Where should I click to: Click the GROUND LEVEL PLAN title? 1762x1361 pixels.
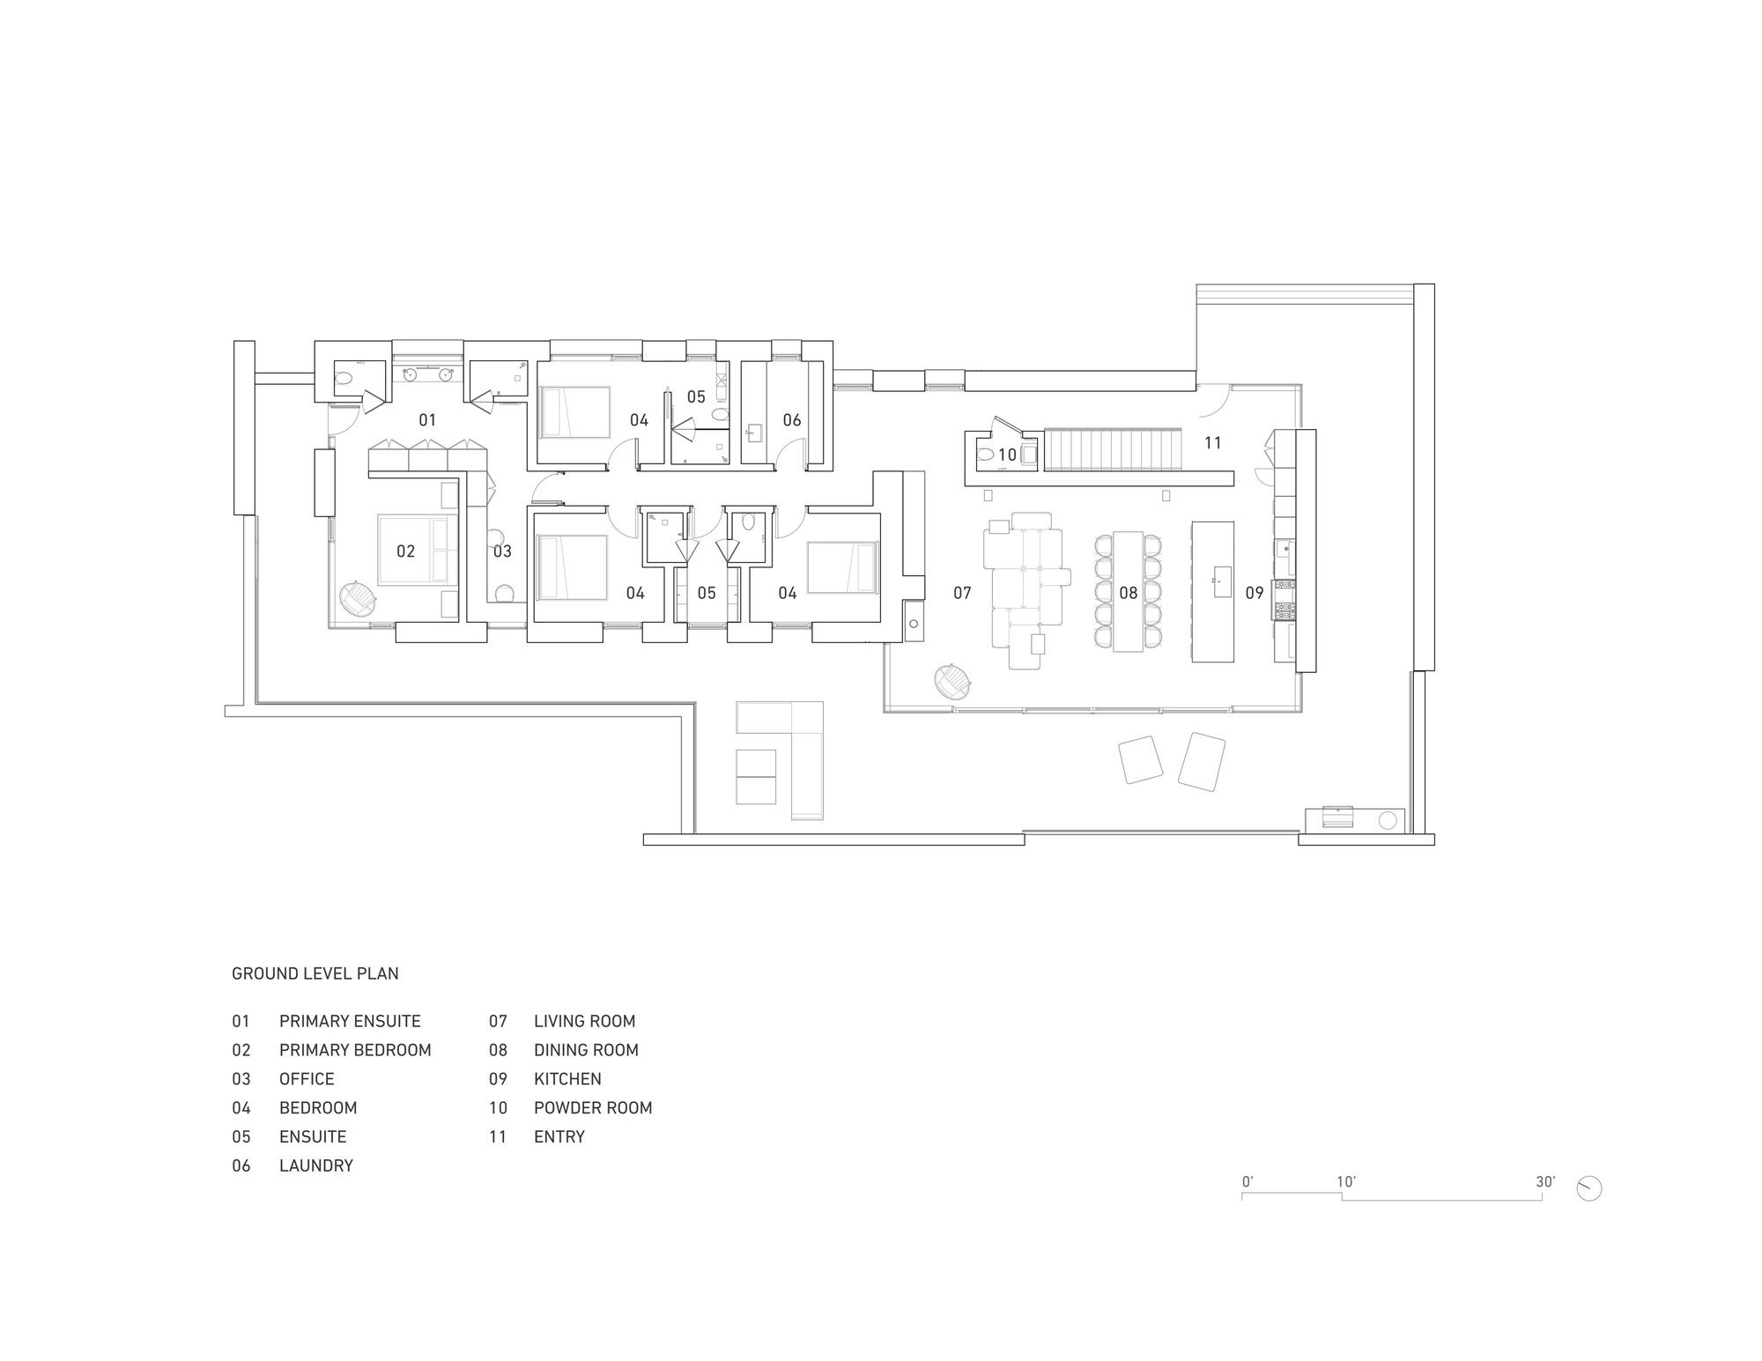pos(315,973)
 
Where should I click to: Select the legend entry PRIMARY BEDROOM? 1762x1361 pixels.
pos(354,1050)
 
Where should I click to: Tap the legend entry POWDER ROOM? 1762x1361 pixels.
pos(592,1108)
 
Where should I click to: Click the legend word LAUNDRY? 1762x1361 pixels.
pos(315,1165)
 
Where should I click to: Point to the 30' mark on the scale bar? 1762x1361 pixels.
pos(1544,1182)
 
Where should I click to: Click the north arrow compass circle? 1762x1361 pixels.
pos(1589,1188)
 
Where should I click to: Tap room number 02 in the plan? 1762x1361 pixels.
pos(405,551)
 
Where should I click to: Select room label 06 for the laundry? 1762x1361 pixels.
pos(792,420)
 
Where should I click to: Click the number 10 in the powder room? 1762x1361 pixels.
pos(1007,455)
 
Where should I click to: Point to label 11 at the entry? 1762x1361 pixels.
pos(1213,443)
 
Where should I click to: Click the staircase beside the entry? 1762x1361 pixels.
pos(1112,449)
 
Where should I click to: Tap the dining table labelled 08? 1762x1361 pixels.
pos(1128,591)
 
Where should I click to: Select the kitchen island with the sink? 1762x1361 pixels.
pos(1212,591)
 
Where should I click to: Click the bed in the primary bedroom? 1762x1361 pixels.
pos(416,551)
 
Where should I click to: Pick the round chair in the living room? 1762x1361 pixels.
pos(952,681)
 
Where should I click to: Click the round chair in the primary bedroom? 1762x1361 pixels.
pos(358,598)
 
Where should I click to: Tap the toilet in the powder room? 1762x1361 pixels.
pos(986,455)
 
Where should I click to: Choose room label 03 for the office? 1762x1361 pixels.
pos(502,551)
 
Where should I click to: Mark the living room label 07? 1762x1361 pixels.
pos(962,594)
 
